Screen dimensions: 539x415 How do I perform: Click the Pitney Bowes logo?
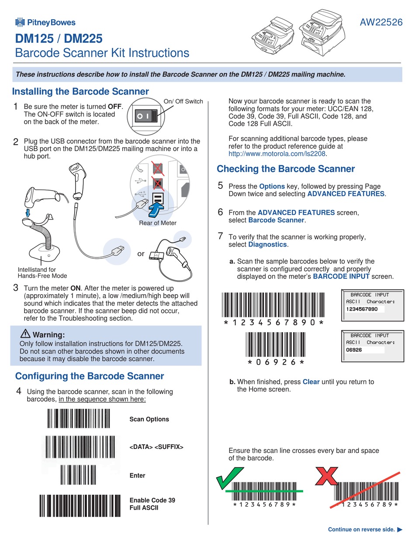click(x=45, y=22)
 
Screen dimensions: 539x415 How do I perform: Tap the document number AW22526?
click(x=381, y=23)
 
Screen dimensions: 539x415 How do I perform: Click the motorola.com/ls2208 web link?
click(x=277, y=154)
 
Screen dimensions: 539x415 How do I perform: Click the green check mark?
click(x=230, y=478)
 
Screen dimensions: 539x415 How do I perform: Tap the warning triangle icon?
click(x=25, y=334)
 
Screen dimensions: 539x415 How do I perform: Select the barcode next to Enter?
click(x=78, y=475)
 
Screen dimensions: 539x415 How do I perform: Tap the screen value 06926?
click(x=354, y=350)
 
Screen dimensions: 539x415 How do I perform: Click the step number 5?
click(x=221, y=186)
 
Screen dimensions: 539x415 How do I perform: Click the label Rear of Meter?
click(x=158, y=223)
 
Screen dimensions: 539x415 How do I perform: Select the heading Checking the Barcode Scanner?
click(x=286, y=169)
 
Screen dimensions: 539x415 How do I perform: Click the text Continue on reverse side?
click(x=361, y=529)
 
